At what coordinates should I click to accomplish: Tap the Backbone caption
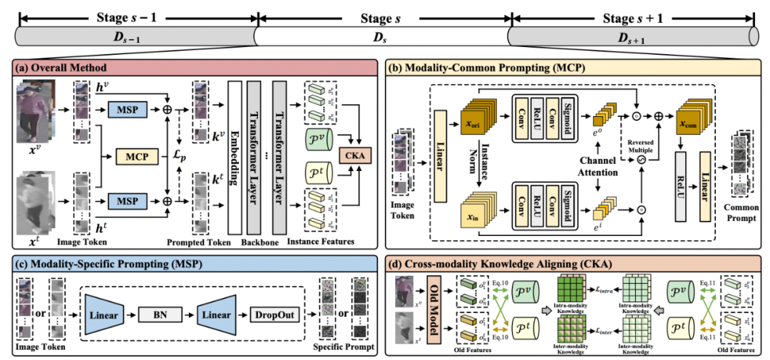tap(263, 242)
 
